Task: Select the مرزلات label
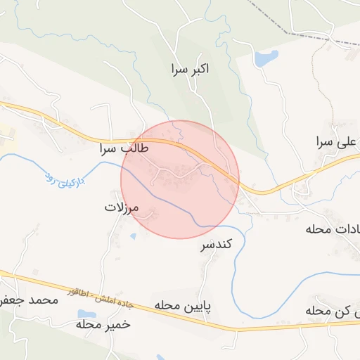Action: (x=123, y=208)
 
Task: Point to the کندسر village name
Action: (x=217, y=245)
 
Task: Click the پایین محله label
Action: (x=184, y=307)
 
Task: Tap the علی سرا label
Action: (x=337, y=142)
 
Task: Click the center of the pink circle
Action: (x=180, y=179)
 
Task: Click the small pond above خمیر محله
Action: (x=85, y=314)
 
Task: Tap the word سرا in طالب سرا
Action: (x=113, y=149)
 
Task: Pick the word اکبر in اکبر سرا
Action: (x=200, y=69)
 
